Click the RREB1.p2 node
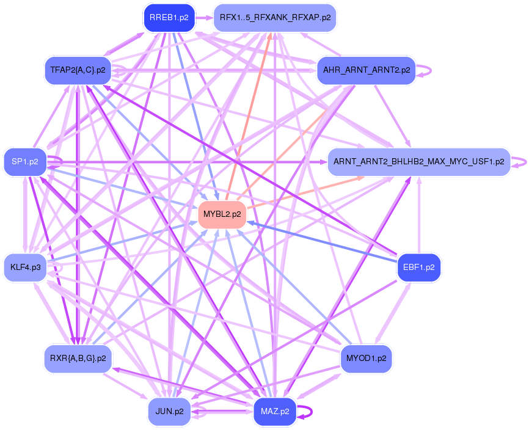coord(169,18)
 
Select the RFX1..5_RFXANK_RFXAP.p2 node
coord(275,18)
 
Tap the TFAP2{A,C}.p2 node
coord(78,70)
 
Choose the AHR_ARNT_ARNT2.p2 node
coord(366,70)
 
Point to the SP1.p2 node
coord(25,162)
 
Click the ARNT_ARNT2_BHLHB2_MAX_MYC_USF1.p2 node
coord(418,162)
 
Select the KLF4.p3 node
coord(25,267)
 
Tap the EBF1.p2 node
coord(418,267)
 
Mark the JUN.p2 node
coord(169,411)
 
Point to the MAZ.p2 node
coord(275,411)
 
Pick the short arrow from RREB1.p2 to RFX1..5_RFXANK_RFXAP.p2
coord(204,18)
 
